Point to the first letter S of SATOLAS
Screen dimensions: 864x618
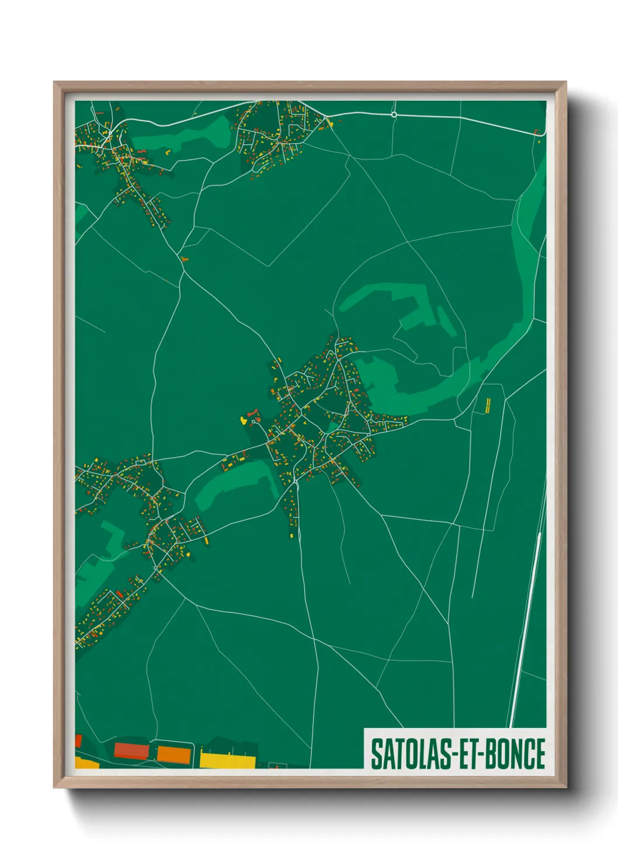tap(376, 754)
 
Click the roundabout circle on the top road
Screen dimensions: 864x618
tap(394, 115)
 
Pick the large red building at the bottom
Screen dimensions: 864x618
tap(132, 750)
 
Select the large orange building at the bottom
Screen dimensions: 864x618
tap(174, 754)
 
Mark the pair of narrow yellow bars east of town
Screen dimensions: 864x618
tap(488, 405)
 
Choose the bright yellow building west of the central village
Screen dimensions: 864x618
tap(244, 420)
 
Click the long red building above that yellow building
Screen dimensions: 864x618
tap(253, 413)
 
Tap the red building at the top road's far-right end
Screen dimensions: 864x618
tap(537, 133)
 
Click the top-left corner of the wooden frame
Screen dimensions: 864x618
tap(55, 83)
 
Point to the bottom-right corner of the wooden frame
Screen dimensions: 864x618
tap(565, 786)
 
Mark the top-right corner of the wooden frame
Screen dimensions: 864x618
tap(565, 83)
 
